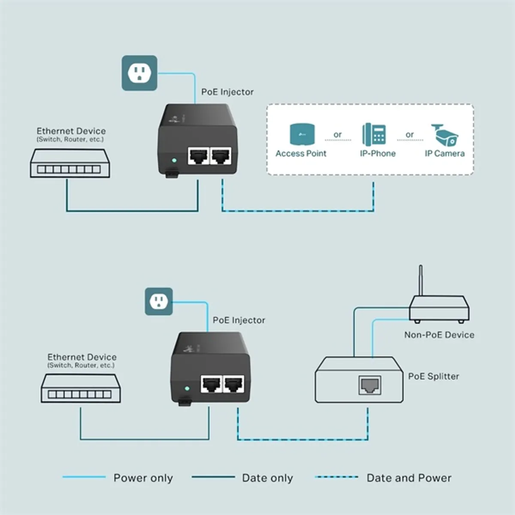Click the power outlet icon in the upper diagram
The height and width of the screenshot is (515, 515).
(x=139, y=73)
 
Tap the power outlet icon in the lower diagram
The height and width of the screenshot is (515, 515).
(x=158, y=301)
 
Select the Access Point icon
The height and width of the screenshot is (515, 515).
(x=302, y=134)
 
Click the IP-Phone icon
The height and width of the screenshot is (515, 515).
(x=374, y=134)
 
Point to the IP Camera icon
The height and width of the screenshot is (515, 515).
(x=445, y=135)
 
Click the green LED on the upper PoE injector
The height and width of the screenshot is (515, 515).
(x=174, y=161)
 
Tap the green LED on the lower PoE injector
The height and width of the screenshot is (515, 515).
(x=187, y=388)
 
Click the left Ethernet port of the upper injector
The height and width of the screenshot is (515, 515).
(x=198, y=156)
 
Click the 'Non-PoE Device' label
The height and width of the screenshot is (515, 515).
(x=439, y=335)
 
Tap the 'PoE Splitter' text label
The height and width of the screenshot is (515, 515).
(x=433, y=376)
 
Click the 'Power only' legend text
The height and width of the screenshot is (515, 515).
(x=143, y=478)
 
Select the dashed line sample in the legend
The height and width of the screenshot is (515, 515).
(x=336, y=477)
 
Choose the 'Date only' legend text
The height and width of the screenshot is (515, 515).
(x=267, y=478)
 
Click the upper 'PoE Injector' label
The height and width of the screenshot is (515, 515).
(x=227, y=92)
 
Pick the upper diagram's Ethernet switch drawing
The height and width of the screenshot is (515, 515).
(x=70, y=164)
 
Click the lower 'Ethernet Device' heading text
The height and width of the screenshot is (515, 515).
(x=82, y=357)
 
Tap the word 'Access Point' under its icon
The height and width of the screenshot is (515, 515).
(x=301, y=153)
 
